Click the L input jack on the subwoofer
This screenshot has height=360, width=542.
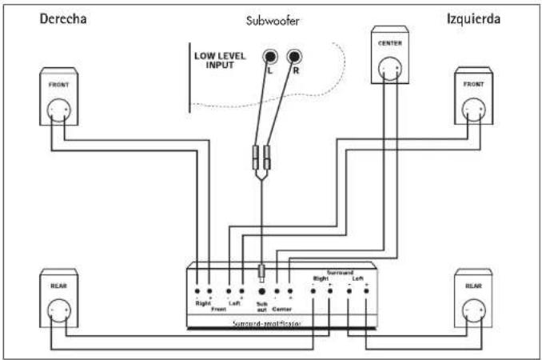pos(271,58)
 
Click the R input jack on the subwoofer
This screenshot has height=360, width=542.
pos(295,58)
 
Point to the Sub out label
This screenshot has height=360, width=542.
pos(261,306)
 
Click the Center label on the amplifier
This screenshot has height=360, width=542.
pos(281,307)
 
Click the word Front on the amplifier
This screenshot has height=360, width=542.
pos(217,309)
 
